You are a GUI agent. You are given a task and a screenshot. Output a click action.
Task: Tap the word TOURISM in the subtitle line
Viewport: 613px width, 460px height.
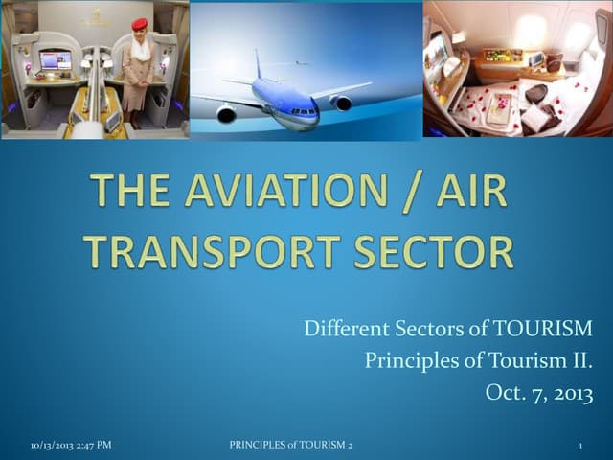click(x=542, y=330)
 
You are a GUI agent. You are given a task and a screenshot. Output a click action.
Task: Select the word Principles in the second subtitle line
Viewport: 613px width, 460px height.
click(x=404, y=360)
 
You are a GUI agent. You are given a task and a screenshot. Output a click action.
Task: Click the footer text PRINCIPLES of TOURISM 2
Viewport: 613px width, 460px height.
click(x=291, y=446)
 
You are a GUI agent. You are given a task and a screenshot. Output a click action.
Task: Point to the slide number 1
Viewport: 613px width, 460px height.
click(x=581, y=446)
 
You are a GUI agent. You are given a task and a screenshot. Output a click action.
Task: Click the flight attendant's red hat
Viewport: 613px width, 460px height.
click(x=140, y=24)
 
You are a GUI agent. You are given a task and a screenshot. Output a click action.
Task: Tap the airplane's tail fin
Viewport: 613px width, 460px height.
click(x=258, y=64)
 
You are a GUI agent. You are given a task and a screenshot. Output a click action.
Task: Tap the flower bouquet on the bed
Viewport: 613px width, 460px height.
click(x=498, y=103)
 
